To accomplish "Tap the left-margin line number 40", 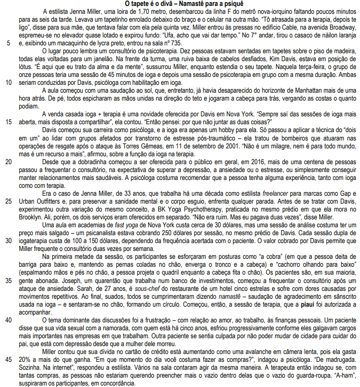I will (x=9, y=319).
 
